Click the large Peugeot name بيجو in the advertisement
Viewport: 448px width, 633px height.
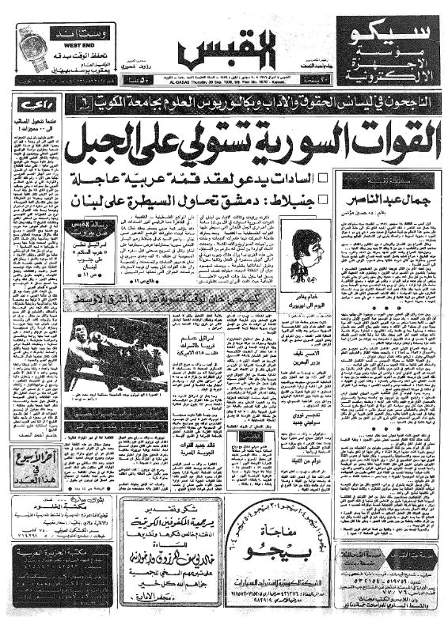[x=281, y=564]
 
